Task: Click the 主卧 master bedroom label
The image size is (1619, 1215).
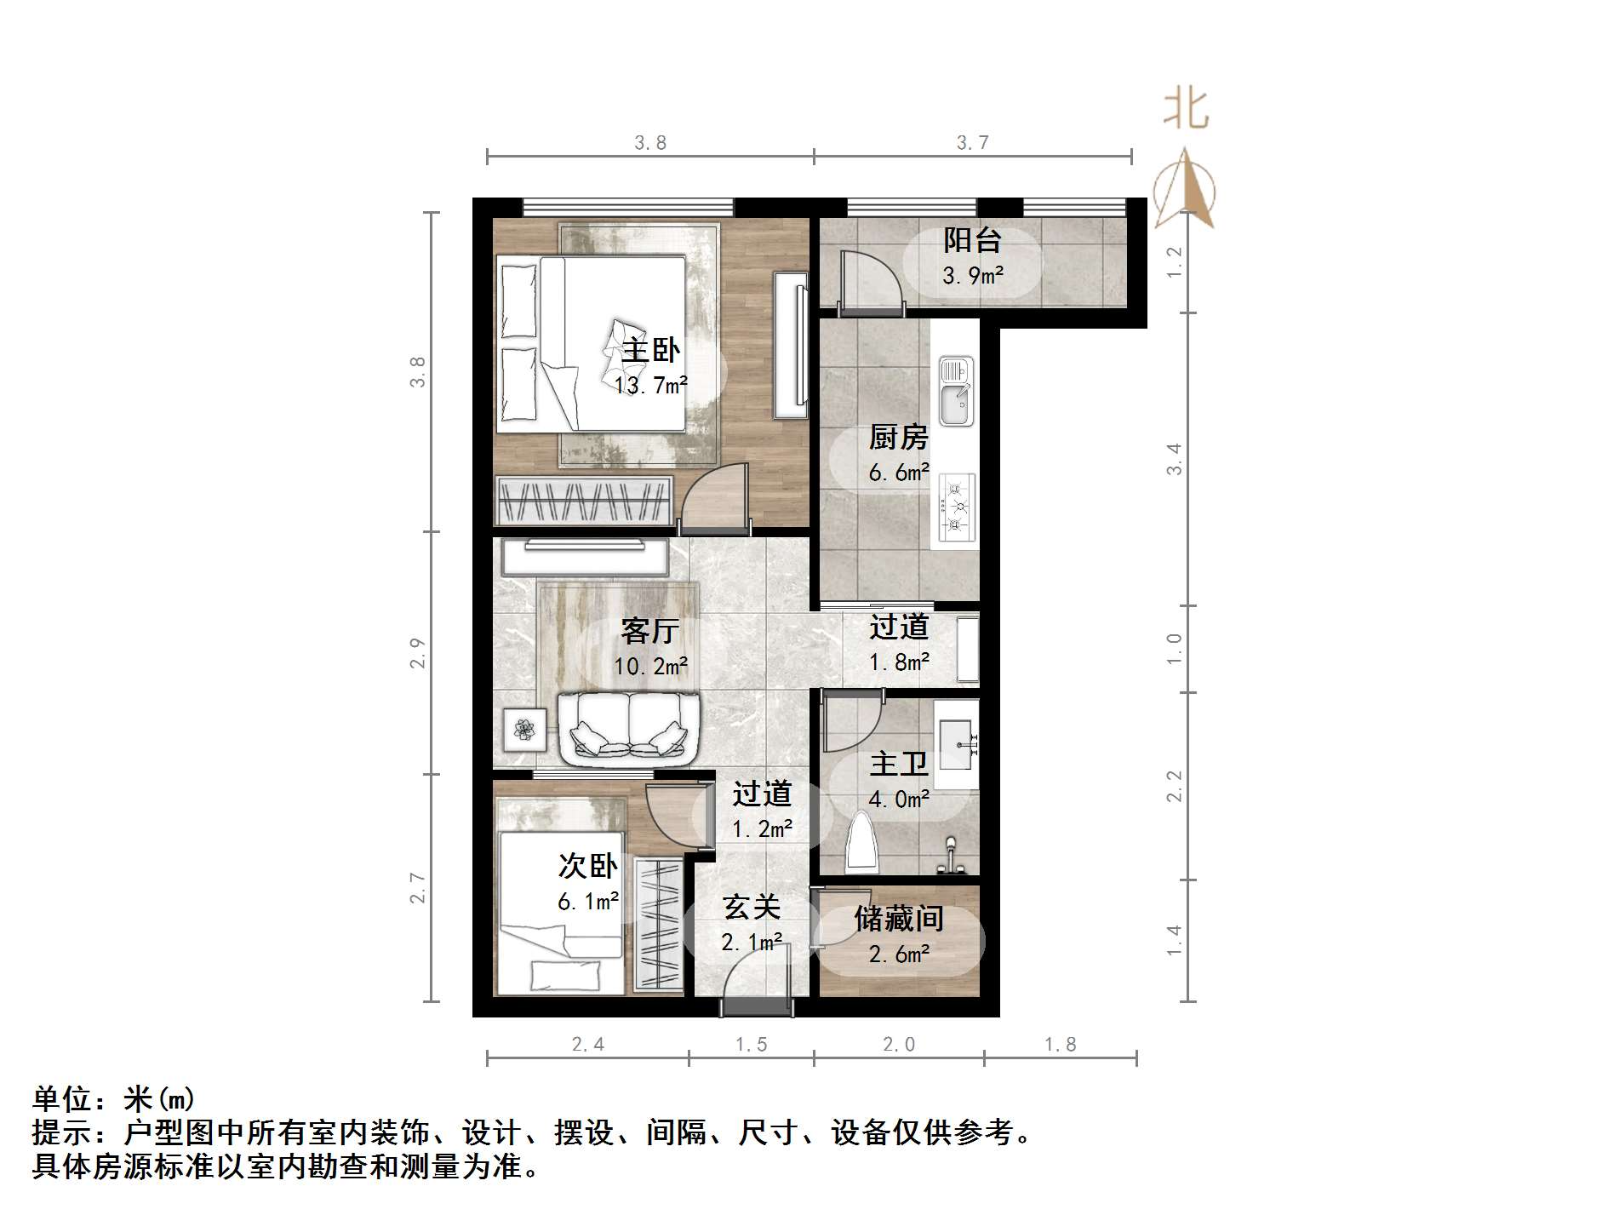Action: (651, 350)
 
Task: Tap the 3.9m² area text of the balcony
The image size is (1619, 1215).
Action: (972, 275)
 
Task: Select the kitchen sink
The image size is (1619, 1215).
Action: (956, 391)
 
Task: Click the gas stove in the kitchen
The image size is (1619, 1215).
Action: (957, 507)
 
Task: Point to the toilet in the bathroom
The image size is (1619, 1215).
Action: (862, 842)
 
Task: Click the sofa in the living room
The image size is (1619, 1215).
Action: (629, 728)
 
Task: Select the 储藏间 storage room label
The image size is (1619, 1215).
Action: (899, 919)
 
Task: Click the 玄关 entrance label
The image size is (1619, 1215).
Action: (752, 908)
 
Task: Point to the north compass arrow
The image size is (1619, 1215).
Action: (1184, 191)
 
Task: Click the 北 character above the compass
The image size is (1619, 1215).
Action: (1186, 110)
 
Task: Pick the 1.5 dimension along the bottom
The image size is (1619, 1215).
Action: (752, 1044)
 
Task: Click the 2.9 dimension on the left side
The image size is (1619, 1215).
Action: (417, 653)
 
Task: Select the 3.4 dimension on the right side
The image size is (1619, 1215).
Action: (1174, 459)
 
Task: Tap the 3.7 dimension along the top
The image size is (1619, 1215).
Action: (972, 143)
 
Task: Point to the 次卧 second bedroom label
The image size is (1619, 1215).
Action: (587, 866)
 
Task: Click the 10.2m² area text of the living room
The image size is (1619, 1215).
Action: (651, 666)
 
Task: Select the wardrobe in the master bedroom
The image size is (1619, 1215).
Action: (583, 500)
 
